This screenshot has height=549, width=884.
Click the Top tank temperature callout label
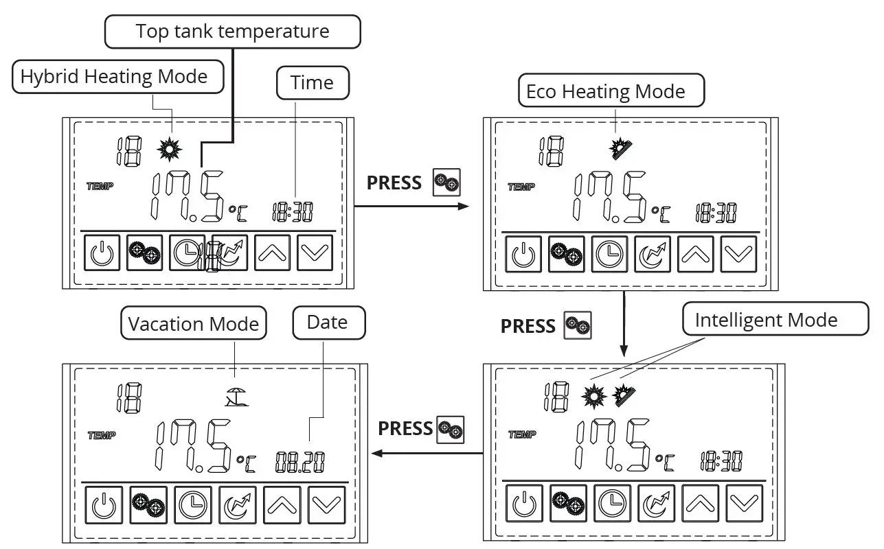point(232,32)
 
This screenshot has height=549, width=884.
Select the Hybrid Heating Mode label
point(114,76)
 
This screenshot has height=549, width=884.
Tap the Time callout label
point(312,83)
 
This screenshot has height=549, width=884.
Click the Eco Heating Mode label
point(605,91)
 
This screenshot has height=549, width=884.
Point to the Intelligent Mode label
point(766,320)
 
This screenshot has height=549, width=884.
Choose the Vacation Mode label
point(194,323)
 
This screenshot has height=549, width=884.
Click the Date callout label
point(327,323)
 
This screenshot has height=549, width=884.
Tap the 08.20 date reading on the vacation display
point(300,462)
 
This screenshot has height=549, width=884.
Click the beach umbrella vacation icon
point(237,396)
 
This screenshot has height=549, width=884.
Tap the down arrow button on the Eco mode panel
point(738,254)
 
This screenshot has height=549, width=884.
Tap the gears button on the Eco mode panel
point(567,254)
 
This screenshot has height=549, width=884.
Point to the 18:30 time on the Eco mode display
point(716,213)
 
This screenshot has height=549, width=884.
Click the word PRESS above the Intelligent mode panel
point(528,326)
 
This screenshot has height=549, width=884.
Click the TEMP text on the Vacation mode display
point(102,435)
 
